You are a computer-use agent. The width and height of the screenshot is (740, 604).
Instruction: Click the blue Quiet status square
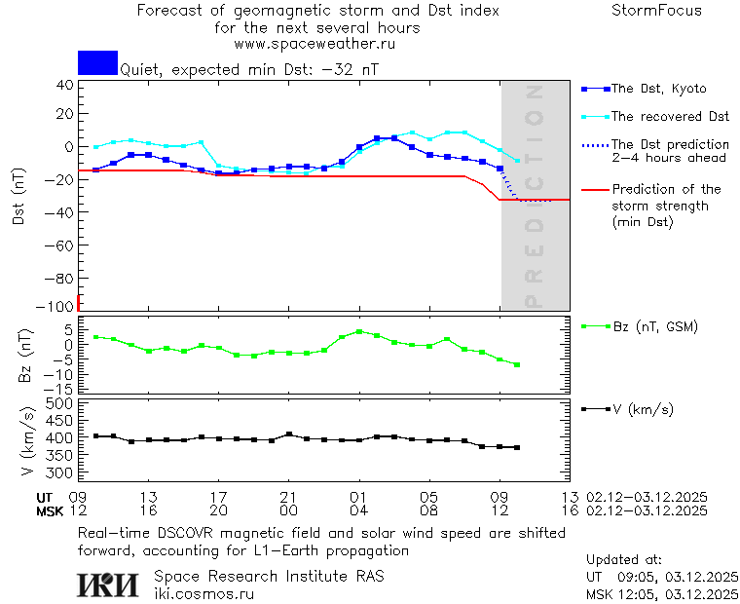pos(97,62)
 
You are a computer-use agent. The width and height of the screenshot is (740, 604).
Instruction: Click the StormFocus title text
pos(656,12)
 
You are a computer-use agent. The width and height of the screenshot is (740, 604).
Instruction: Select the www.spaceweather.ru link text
pos(314,44)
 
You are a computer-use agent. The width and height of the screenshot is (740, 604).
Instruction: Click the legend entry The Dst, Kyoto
pos(657,89)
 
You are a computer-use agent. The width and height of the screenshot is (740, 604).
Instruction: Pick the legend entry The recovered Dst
pos(669,117)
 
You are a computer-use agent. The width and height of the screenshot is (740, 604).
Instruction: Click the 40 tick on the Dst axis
pos(64,85)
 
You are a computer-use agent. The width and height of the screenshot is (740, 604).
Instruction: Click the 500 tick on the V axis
pos(60,403)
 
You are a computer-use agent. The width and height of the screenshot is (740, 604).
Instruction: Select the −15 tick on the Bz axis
pos(60,389)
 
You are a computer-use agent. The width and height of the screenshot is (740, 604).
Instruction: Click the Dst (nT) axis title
pos(18,195)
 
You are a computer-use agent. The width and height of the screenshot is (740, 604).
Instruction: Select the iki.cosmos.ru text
pos(204,593)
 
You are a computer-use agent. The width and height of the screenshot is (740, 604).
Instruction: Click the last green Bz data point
pos(517,364)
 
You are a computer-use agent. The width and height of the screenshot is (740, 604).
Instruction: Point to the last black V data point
pos(517,448)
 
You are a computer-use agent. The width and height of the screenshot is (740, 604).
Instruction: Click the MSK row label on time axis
pos(50,510)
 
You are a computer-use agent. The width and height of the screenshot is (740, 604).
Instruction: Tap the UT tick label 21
pos(289,497)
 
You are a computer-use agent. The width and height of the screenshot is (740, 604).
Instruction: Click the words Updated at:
pos(624,559)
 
